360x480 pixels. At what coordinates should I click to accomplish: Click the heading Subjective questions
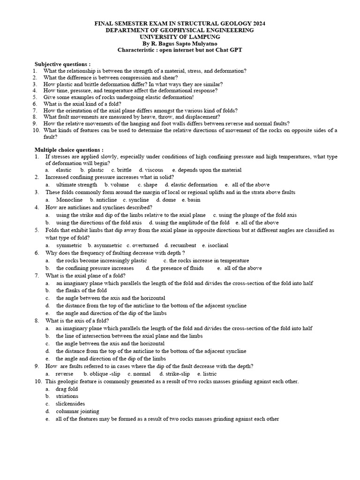[x=63, y=64]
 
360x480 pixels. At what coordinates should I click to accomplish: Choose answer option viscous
[x=154, y=170]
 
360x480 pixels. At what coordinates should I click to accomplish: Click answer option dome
[x=169, y=200]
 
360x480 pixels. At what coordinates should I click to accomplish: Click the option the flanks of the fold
[x=82, y=291]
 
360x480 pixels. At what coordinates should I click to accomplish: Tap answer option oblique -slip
[x=105, y=374]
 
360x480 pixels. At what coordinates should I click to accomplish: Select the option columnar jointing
[x=77, y=411]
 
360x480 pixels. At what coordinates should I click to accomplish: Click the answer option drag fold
[x=67, y=389]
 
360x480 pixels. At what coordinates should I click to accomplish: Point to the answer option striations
[x=67, y=396]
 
